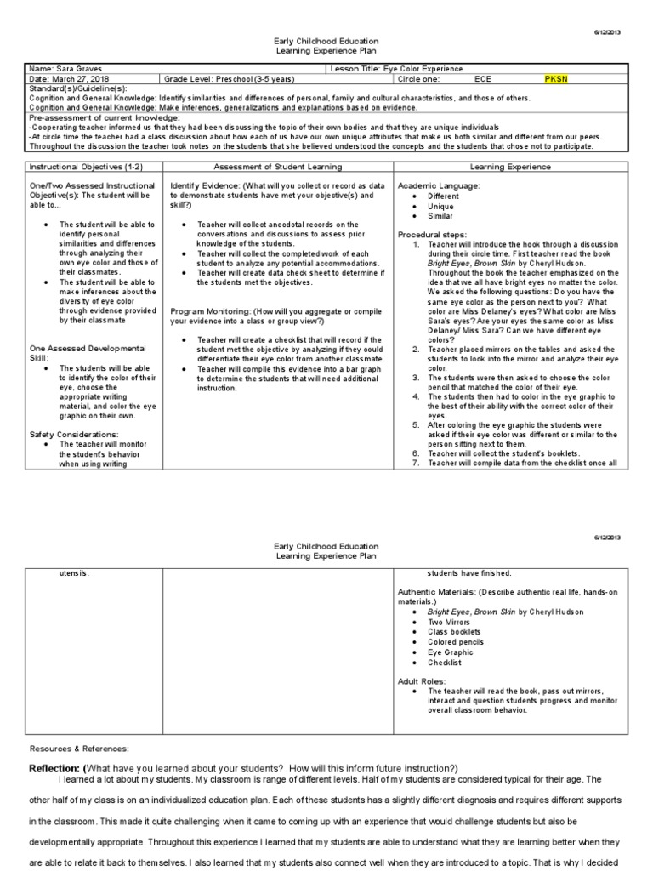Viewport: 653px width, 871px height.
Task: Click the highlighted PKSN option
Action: pos(557,78)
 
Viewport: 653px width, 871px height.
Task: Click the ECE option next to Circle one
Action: pos(483,78)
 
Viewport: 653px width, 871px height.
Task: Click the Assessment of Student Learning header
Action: pos(275,167)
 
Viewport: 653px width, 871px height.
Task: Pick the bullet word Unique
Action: pos(440,206)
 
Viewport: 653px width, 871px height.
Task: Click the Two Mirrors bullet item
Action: pos(449,622)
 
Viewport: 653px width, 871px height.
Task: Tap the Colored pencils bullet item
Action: pos(455,642)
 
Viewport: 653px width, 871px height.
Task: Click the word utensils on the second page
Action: pos(74,573)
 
